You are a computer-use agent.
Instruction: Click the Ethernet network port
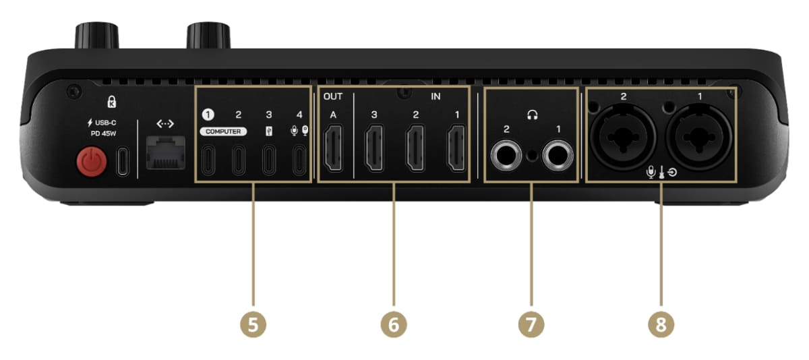click(x=166, y=153)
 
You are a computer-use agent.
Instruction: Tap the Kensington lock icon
click(x=112, y=102)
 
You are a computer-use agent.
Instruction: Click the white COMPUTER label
click(x=223, y=131)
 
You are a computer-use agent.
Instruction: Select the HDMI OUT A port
click(x=333, y=148)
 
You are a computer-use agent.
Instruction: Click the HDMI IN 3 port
click(x=374, y=148)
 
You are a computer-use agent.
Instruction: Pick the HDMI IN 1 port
click(x=456, y=148)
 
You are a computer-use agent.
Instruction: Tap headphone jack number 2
click(x=506, y=156)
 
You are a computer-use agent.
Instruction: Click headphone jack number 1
click(x=558, y=156)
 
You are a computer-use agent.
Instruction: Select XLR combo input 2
click(x=623, y=138)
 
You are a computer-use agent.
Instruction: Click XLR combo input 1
click(x=699, y=138)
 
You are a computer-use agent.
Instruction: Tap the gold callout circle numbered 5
click(x=253, y=324)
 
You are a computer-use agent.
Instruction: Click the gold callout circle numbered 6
click(x=394, y=324)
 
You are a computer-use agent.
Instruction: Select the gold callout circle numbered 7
click(x=531, y=324)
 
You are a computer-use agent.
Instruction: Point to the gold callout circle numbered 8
click(x=661, y=324)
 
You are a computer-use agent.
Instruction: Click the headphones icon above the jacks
click(x=533, y=115)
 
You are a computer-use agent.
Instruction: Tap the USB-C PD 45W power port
click(x=123, y=161)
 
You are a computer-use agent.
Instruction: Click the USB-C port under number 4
click(x=299, y=160)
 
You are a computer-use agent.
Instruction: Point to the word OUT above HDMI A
click(x=333, y=96)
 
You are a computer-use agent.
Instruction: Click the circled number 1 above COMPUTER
click(x=208, y=115)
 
